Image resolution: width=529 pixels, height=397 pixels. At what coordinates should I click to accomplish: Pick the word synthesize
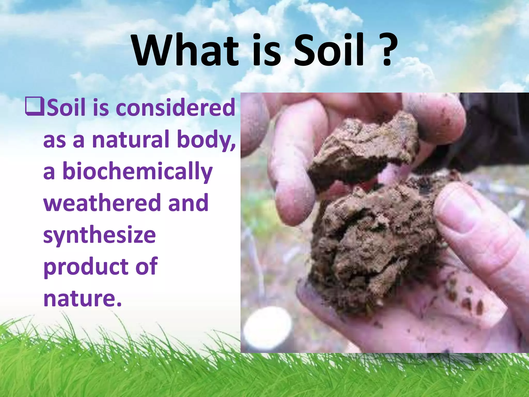pyautogui.click(x=99, y=235)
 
